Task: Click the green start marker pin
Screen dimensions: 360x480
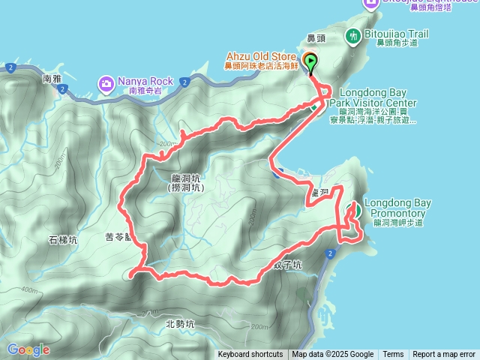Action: (x=310, y=62)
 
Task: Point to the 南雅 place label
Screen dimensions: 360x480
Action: (x=52, y=79)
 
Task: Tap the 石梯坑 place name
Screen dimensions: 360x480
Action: (x=63, y=240)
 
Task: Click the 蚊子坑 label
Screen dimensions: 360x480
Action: (x=287, y=265)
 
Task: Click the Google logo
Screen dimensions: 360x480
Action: (x=28, y=349)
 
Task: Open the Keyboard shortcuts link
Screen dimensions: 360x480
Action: (x=250, y=355)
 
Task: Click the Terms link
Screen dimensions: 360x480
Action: (x=393, y=355)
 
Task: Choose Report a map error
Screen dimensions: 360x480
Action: (x=444, y=355)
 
